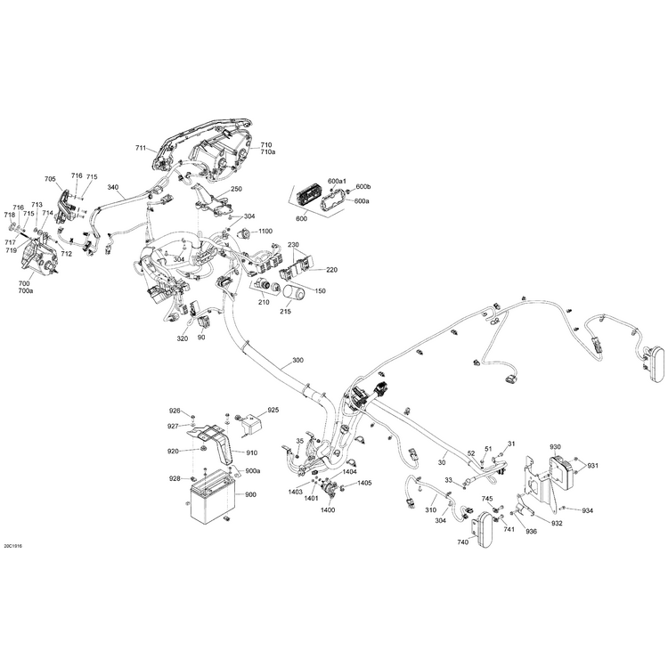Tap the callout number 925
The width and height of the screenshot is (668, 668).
tap(273, 410)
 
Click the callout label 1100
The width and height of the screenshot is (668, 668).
tap(265, 231)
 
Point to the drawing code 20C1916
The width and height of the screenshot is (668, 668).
tap(12, 545)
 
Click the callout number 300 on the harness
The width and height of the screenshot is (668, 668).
tap(297, 361)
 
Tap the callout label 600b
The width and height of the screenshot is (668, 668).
tap(363, 186)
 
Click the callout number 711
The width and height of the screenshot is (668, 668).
tap(141, 148)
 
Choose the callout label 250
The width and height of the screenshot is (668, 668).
tap(236, 189)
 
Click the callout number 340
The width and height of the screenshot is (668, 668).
tap(113, 187)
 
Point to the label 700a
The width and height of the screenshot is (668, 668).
tap(26, 291)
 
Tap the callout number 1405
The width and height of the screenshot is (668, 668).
tap(364, 483)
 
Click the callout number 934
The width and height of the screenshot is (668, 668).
tap(588, 510)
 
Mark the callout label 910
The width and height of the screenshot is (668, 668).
tap(252, 452)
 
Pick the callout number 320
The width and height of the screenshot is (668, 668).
tap(183, 338)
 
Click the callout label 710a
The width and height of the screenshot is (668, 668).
tap(268, 152)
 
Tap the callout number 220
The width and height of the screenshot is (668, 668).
tap(332, 270)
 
